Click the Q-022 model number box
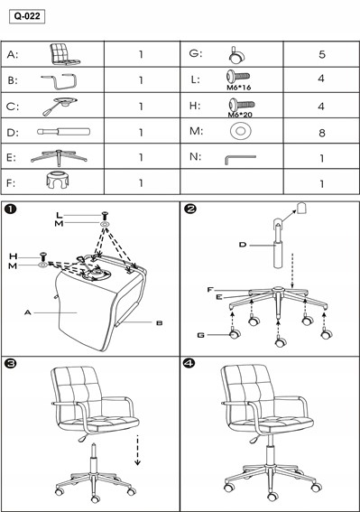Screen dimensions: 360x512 27,16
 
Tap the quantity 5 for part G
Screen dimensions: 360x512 322,54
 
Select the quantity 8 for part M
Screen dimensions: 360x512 322,133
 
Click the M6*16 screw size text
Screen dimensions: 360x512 238,88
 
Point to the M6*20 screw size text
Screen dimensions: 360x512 240,115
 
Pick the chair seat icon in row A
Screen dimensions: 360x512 64,54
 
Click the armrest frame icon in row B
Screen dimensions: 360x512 59,81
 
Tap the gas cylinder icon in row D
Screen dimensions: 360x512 64,132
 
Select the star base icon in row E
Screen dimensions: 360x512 59,158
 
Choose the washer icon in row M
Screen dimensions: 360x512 241,131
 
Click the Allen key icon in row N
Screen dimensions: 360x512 240,159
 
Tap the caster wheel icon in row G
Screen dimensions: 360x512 236,55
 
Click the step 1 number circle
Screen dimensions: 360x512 11,209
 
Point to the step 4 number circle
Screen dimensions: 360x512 189,363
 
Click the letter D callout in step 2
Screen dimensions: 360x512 243,245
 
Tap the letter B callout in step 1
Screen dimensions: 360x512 160,323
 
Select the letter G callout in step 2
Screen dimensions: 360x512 201,335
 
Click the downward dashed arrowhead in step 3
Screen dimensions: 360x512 138,462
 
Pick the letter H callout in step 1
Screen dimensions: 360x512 13,256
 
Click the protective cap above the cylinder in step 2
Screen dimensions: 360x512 302,208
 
